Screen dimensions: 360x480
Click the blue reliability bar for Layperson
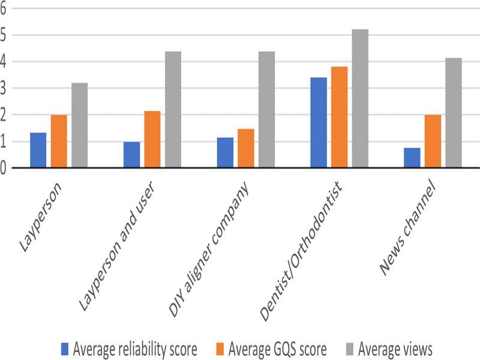[x=38, y=150]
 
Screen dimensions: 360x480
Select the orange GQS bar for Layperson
[x=59, y=141]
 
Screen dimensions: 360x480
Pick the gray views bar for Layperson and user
[x=173, y=109]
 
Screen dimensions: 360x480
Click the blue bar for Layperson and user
[x=131, y=155]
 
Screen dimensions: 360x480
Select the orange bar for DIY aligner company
[x=246, y=148]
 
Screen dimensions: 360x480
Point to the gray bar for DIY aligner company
[x=266, y=109]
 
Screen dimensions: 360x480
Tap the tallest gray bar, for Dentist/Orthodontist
[x=360, y=98]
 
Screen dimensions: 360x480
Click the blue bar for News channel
[x=412, y=158]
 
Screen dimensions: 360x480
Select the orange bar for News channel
[x=433, y=141]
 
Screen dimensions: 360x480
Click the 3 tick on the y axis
[x=4, y=88]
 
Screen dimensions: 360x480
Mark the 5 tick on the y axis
[x=4, y=35]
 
